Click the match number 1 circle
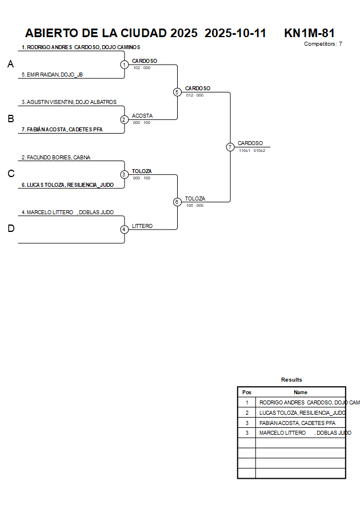[124, 65]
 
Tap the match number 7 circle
[230, 147]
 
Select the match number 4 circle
[124, 229]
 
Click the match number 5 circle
[177, 92]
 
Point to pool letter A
[10, 65]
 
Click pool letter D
[10, 229]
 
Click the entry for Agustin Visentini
[69, 102]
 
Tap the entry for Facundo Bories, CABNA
[55, 157]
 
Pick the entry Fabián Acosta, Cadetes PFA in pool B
[61, 130]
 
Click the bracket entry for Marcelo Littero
[67, 212]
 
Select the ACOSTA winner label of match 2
[142, 115]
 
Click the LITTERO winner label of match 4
[142, 226]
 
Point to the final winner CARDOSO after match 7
[250, 143]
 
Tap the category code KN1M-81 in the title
[309, 33]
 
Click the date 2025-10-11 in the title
[235, 33]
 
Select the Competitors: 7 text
[323, 43]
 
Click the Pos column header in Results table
[247, 392]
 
